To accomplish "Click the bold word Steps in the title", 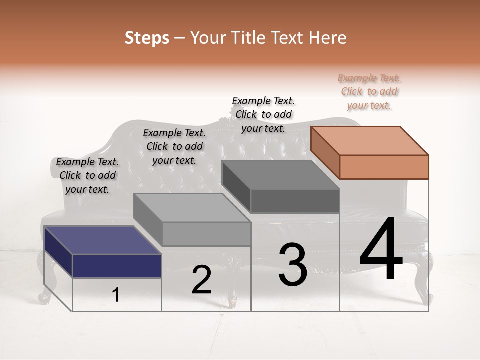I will coord(147,38).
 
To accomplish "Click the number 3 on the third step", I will coord(292,265).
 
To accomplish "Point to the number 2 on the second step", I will coord(201,280).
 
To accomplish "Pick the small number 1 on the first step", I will coord(115,295).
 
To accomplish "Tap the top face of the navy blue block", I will coord(102,240).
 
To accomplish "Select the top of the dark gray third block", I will coord(281,175).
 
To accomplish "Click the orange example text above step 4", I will coord(369,92).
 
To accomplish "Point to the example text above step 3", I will coord(263,114).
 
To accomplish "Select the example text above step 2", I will coord(174,146).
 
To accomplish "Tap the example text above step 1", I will coord(87,175).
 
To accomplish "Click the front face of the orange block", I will coord(384,167).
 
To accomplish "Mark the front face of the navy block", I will coord(117,266).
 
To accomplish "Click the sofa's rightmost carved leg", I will coord(426,280).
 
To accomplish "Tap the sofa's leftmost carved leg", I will coord(43,285).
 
